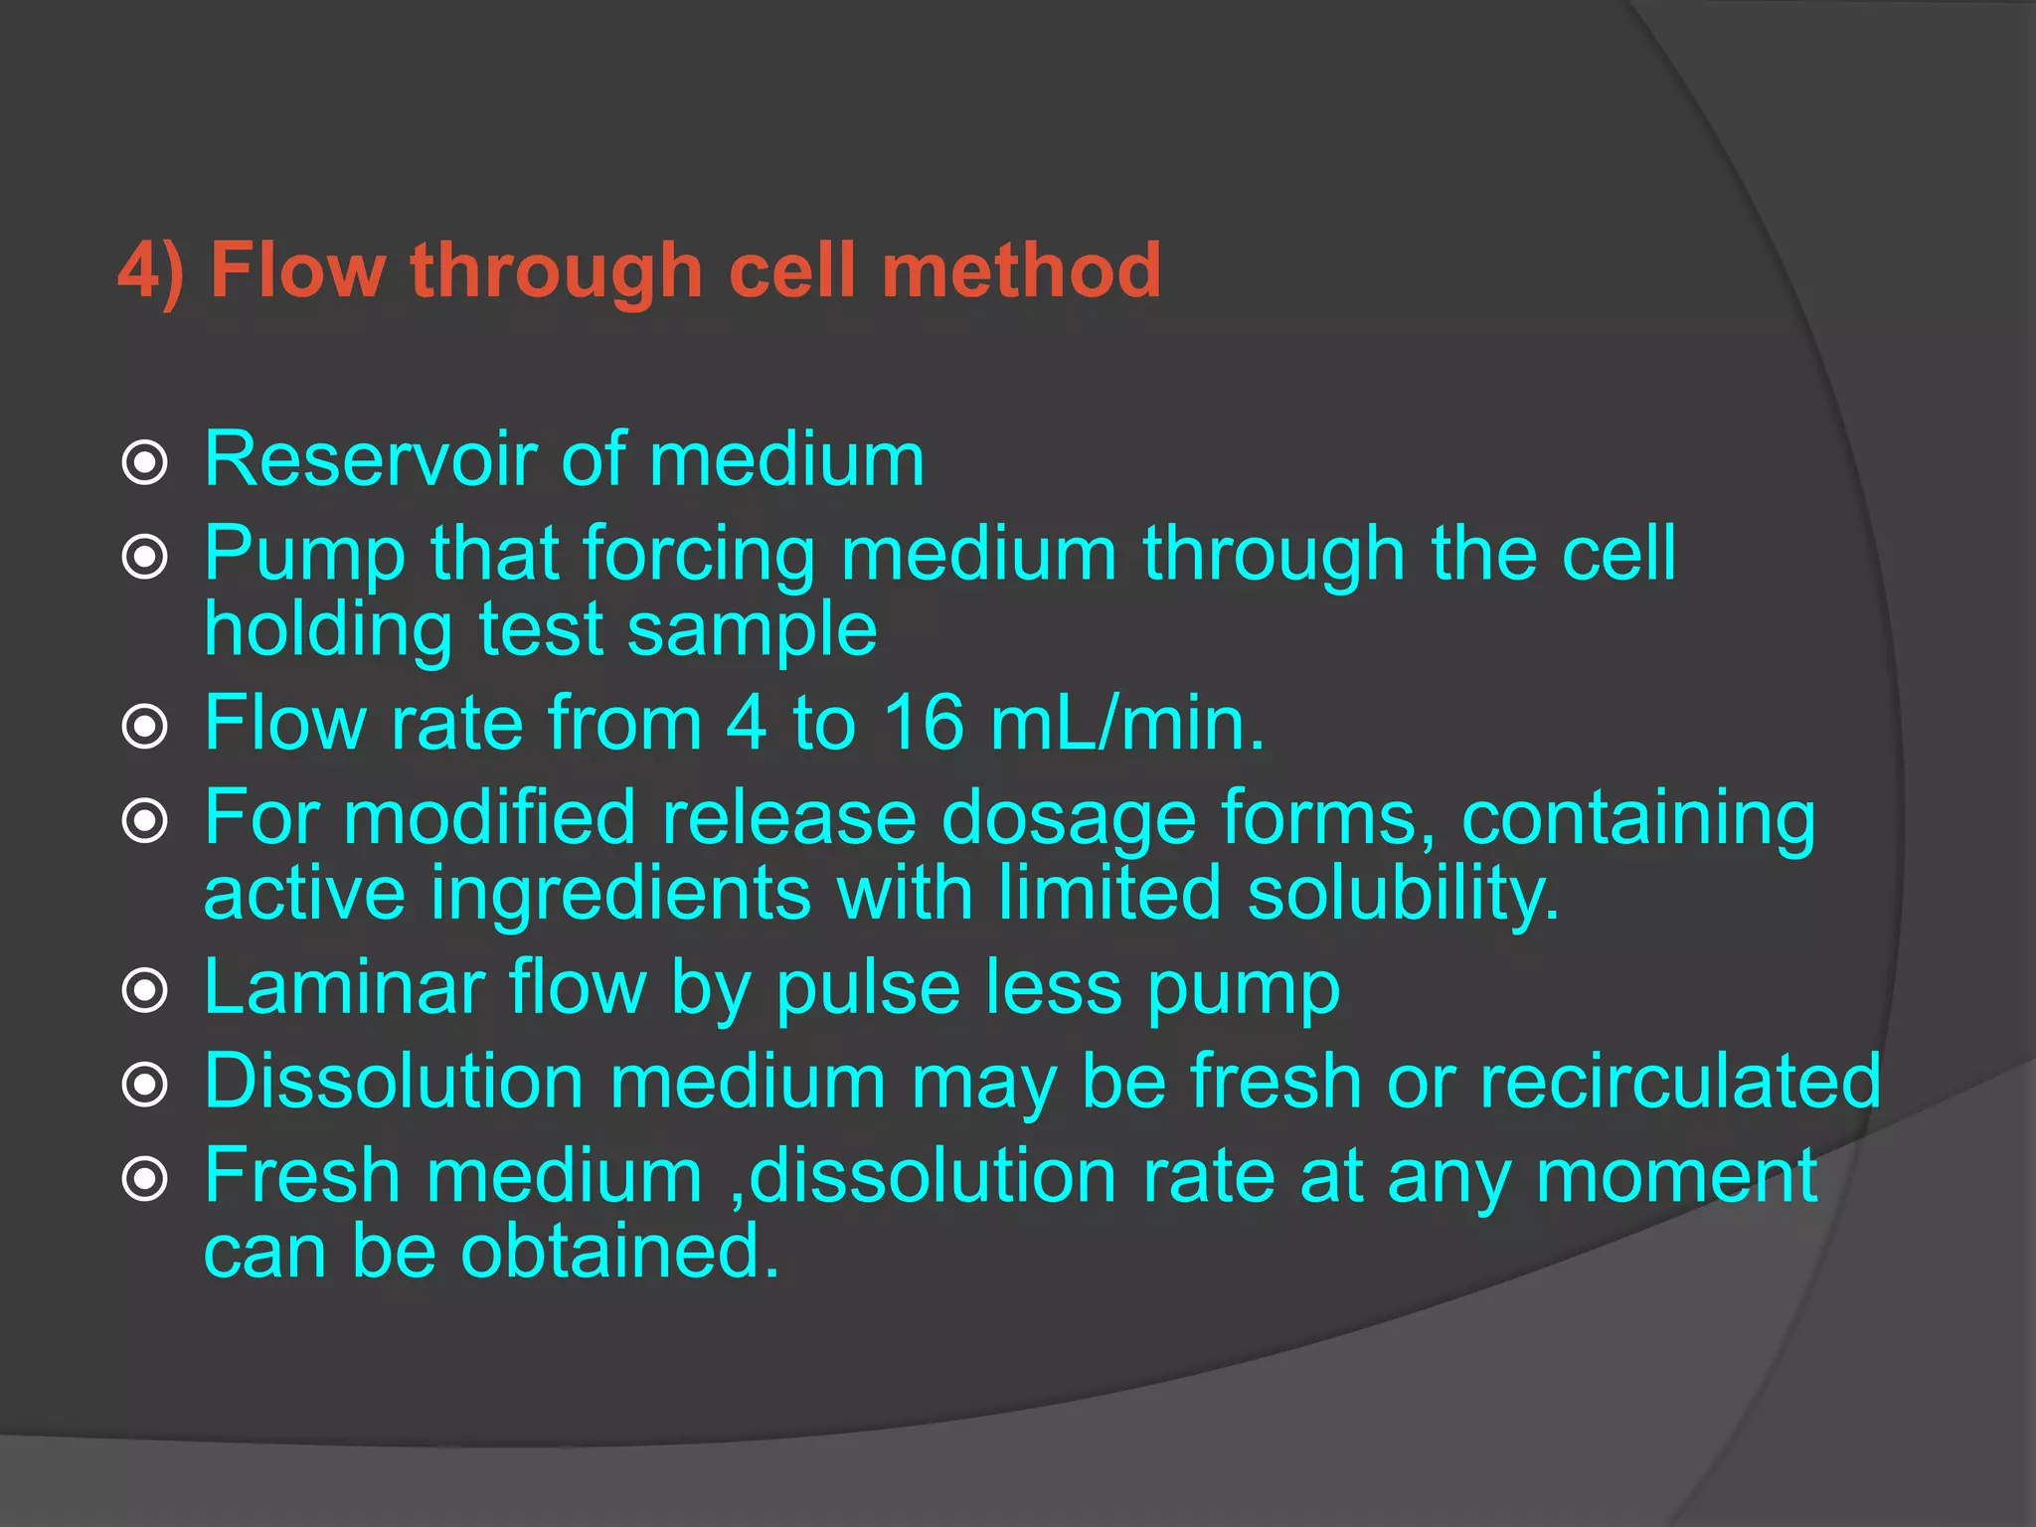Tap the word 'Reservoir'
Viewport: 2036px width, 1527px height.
click(x=369, y=459)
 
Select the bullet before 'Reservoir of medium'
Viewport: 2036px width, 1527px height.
click(x=145, y=463)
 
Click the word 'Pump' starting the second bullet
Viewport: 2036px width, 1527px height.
click(x=304, y=555)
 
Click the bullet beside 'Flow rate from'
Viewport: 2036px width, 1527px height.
click(x=145, y=727)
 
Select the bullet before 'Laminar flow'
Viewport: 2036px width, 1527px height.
click(x=145, y=990)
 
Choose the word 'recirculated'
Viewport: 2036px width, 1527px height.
click(x=1680, y=1081)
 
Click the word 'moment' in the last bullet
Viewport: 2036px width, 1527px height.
click(x=1676, y=1176)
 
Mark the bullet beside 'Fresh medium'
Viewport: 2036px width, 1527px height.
click(x=145, y=1180)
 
